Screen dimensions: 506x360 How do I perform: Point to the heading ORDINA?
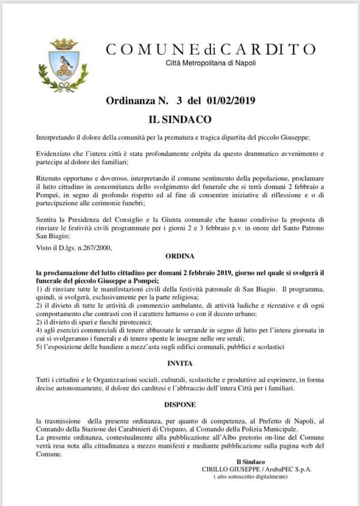[x=180, y=256]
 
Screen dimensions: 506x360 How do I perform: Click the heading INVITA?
[x=180, y=363]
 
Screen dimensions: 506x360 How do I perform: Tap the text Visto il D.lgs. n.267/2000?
[x=74, y=246]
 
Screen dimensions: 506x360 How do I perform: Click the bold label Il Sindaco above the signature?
[x=250, y=462]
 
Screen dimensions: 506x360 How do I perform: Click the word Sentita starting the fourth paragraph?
[x=48, y=217]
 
